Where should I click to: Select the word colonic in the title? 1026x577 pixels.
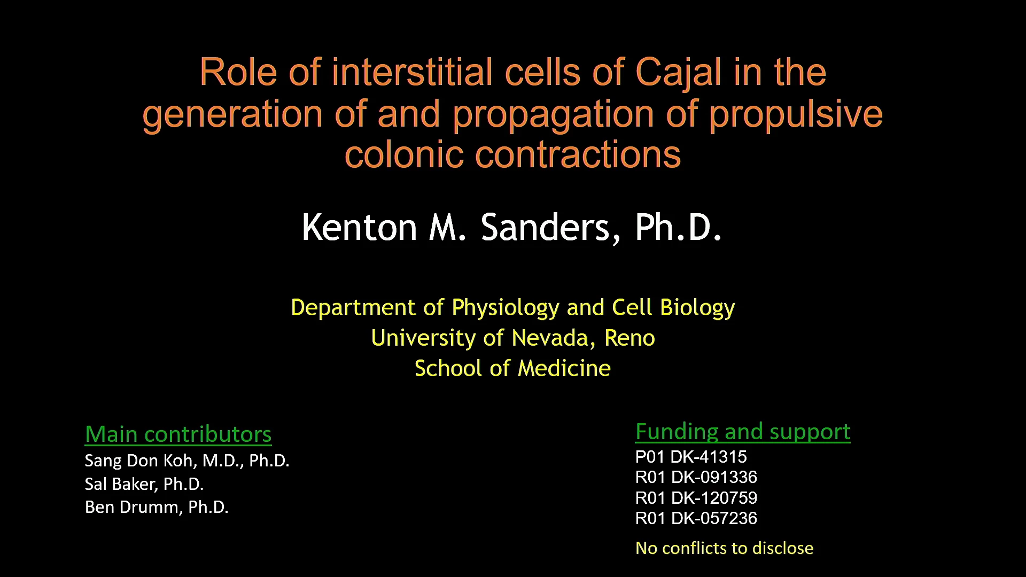pos(403,154)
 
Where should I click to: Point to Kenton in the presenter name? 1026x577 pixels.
pos(360,228)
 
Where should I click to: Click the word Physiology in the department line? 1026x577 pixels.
pos(506,308)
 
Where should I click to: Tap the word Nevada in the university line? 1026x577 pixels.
pos(553,338)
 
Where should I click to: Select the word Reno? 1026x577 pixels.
pos(629,338)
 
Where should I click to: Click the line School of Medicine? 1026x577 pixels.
pos(512,369)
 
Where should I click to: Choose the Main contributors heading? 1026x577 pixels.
pos(178,434)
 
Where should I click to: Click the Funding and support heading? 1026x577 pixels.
pos(743,432)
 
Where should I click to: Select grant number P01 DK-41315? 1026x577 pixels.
pos(691,457)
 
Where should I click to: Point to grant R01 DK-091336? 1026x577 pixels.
pos(696,477)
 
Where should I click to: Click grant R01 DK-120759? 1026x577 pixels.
pos(696,498)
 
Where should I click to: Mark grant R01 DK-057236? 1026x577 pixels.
pos(696,518)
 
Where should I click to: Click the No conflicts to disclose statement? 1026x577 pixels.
pos(724,548)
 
